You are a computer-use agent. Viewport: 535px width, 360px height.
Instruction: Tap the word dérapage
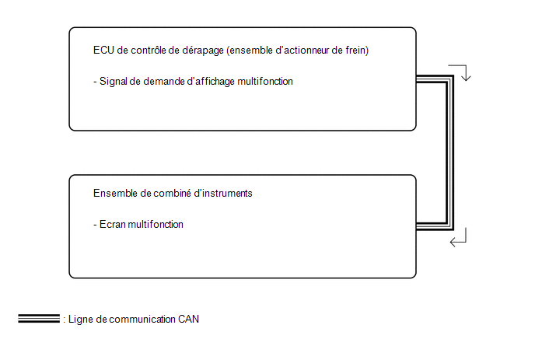click(203, 51)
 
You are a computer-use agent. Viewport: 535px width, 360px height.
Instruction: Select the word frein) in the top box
click(357, 51)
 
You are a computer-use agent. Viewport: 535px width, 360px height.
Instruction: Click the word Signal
click(113, 82)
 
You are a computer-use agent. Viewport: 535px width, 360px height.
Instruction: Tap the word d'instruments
click(223, 193)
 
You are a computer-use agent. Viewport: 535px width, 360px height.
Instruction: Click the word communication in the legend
click(142, 319)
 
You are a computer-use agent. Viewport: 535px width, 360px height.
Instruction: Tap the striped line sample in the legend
click(39, 318)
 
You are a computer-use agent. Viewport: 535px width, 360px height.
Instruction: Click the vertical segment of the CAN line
click(449, 152)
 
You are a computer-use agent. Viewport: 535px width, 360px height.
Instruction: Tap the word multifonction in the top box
click(265, 81)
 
